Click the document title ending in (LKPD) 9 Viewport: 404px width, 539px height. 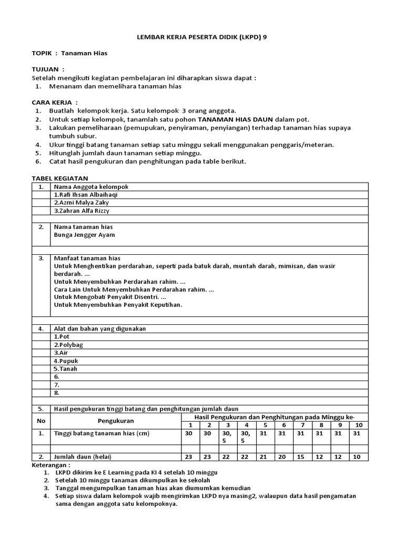point(201,38)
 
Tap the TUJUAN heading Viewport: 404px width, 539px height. point(48,69)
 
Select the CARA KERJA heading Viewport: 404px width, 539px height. point(55,102)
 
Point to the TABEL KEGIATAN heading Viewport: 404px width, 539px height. point(60,178)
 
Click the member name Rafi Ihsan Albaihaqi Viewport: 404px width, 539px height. point(86,194)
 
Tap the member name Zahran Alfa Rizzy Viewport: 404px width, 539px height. point(82,211)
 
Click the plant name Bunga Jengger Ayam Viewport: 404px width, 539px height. point(84,235)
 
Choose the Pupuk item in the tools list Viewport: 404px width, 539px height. point(65,361)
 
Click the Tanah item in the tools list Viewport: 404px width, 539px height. point(65,368)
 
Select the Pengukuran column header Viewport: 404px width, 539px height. point(115,421)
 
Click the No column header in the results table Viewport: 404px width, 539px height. point(41,421)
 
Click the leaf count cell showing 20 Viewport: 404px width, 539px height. point(282,456)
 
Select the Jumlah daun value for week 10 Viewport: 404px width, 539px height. point(357,456)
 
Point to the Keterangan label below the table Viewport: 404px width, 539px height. point(51,465)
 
